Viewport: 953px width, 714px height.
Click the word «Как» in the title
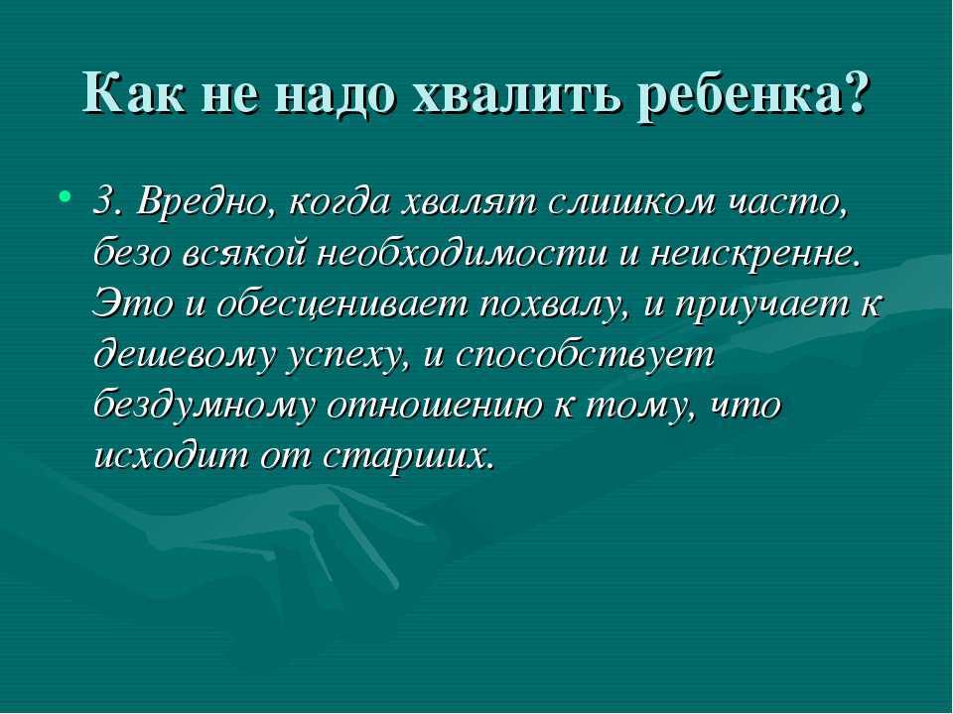coord(132,92)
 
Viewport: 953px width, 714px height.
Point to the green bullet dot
coord(65,195)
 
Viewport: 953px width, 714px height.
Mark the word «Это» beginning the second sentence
coord(132,303)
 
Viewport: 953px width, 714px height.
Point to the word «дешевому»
coord(186,355)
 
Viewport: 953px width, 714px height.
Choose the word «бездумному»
coord(204,406)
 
